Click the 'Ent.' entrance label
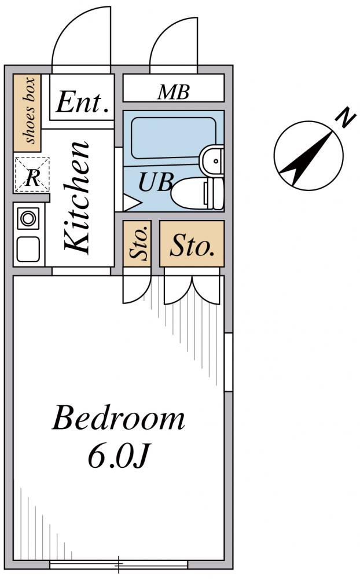(x=83, y=102)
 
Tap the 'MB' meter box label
(x=174, y=92)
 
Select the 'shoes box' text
(x=30, y=110)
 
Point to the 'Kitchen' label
(x=77, y=197)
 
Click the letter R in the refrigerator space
(x=32, y=178)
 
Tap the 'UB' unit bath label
(x=156, y=182)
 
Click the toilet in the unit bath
(x=197, y=193)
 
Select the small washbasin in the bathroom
(x=212, y=160)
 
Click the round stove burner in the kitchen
(x=28, y=218)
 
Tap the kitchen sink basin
(x=28, y=249)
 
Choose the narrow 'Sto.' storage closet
(x=137, y=244)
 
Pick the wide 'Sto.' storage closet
(x=192, y=244)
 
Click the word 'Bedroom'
(x=119, y=419)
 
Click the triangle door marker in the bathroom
(x=131, y=202)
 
